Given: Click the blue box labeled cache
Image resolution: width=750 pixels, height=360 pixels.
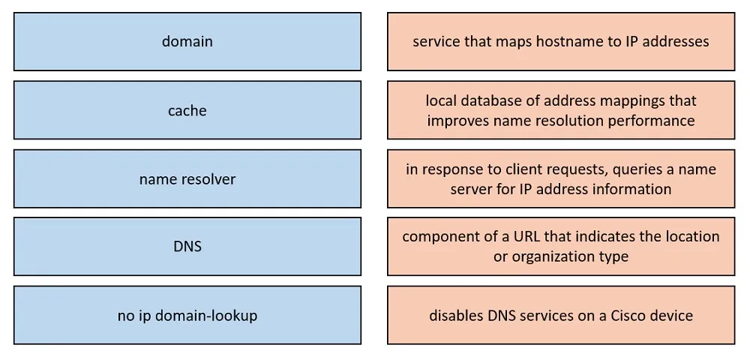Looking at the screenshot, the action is [187, 110].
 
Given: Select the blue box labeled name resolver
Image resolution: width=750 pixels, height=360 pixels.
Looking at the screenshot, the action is [187, 178].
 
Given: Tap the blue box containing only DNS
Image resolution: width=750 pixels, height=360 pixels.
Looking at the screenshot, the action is [187, 247].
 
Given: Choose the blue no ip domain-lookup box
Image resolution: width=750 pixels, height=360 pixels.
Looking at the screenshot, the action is [187, 315].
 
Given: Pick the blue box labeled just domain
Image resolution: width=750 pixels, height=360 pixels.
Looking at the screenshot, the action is [187, 41].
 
